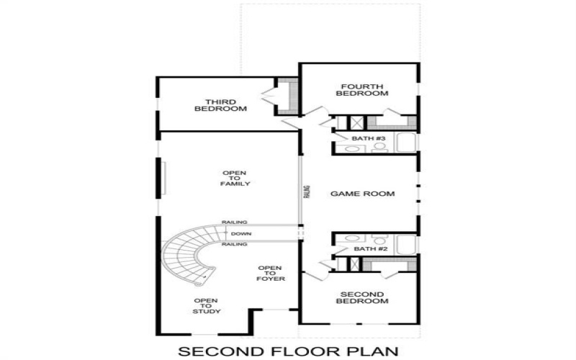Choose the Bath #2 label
tap(369, 249)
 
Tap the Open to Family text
tap(235, 179)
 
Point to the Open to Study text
tap(207, 306)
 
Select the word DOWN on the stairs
tap(241, 235)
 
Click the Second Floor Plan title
tap(287, 351)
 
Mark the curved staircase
tap(189, 256)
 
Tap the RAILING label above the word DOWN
tap(235, 222)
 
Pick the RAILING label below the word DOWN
tap(235, 245)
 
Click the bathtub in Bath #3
tap(405, 142)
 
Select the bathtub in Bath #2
tap(405, 245)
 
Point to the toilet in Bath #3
tap(379, 147)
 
